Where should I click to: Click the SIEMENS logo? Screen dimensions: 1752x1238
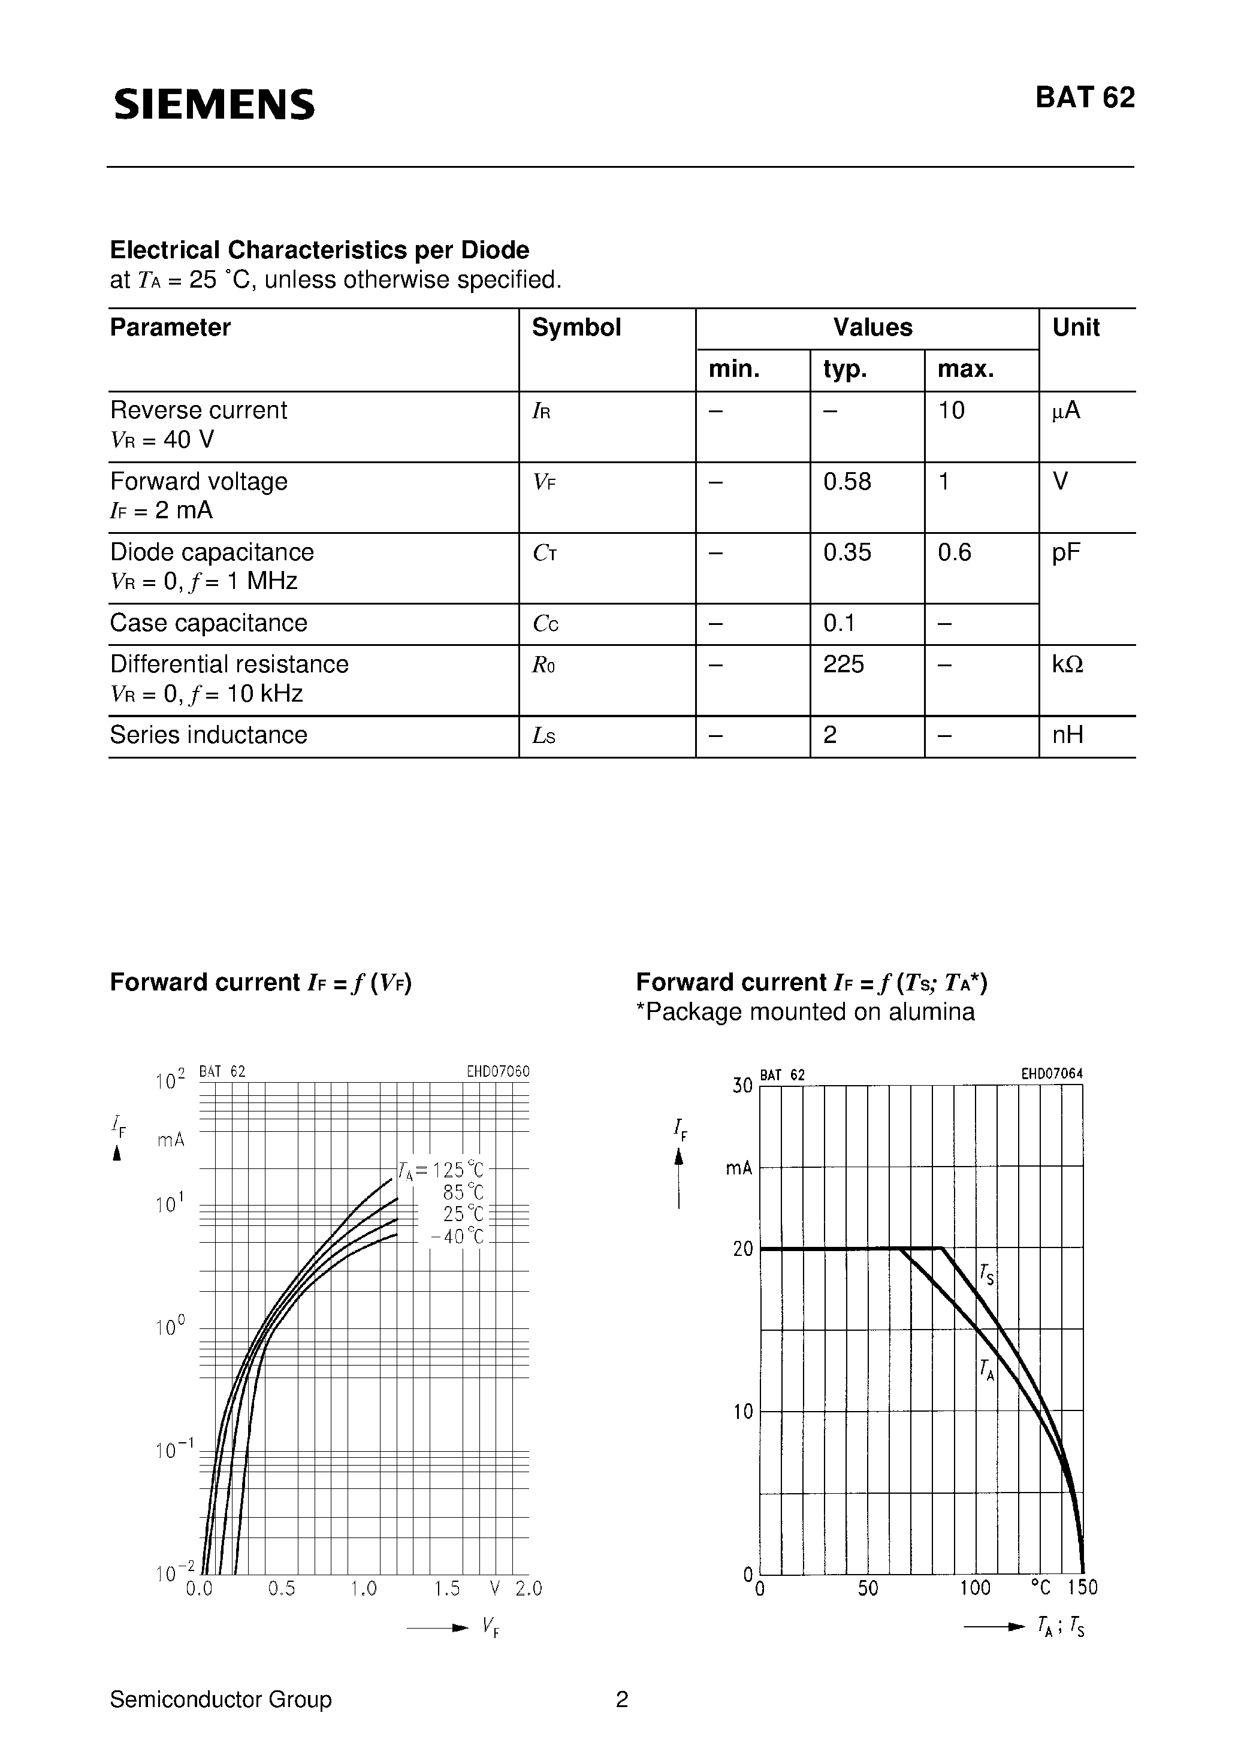click(214, 104)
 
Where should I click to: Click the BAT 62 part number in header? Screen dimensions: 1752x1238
click(1085, 98)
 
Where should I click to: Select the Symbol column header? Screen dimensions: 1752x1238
click(576, 327)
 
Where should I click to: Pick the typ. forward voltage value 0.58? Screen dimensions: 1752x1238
click(847, 482)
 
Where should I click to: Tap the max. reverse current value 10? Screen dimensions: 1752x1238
click(951, 410)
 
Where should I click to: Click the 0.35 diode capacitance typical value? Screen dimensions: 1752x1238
click(847, 552)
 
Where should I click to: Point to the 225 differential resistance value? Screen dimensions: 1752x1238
click(843, 664)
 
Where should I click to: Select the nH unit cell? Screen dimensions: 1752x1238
click(1068, 735)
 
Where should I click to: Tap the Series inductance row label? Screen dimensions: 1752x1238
click(209, 735)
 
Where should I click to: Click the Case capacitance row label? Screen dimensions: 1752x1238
click(209, 623)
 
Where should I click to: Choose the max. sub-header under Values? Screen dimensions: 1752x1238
click(965, 369)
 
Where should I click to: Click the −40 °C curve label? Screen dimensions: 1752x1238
click(457, 1236)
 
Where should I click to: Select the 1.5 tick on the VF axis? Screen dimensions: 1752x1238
click(446, 1588)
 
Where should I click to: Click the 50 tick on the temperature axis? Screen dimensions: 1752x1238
click(868, 1588)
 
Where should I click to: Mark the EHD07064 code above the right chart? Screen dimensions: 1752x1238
click(1051, 1074)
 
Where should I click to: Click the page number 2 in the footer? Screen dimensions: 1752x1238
click(621, 1699)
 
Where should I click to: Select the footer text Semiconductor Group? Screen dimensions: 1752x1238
click(221, 1699)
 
